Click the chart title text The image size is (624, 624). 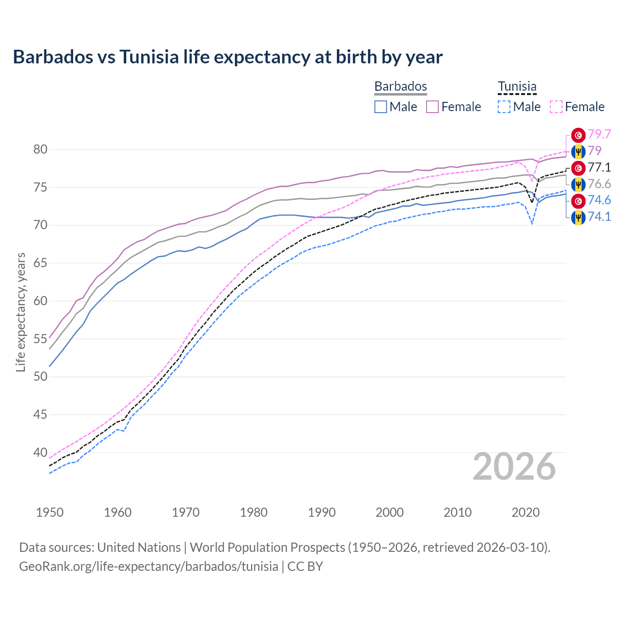click(x=228, y=57)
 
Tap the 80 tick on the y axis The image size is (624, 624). click(x=40, y=150)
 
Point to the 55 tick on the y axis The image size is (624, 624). click(x=40, y=339)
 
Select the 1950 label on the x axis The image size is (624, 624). click(x=50, y=512)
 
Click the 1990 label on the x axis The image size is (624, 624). click(x=322, y=512)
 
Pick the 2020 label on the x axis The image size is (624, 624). click(x=526, y=512)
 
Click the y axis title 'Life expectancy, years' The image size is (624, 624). click(x=21, y=312)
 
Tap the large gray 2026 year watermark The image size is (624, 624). click(x=514, y=467)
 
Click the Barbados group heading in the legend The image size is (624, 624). click(x=401, y=86)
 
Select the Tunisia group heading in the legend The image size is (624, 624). click(x=517, y=86)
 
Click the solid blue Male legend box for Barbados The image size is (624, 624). click(x=381, y=107)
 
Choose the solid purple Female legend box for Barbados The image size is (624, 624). click(x=432, y=107)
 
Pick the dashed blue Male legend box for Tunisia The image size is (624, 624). click(x=504, y=107)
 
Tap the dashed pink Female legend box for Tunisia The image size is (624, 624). click(x=556, y=107)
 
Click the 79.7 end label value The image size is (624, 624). click(x=599, y=134)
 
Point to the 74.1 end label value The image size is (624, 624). click(x=599, y=216)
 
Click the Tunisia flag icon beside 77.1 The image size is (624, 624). click(x=578, y=168)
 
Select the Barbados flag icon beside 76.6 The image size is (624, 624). click(x=578, y=184)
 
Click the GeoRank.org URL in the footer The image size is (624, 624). click(x=149, y=566)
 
